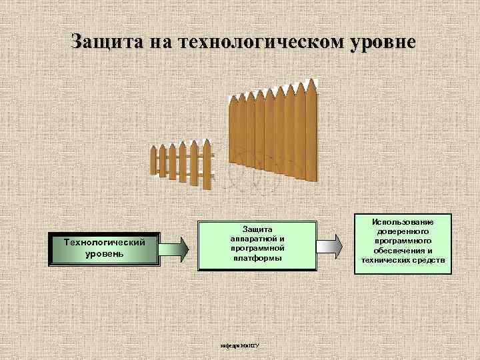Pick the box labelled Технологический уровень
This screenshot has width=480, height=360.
click(x=104, y=248)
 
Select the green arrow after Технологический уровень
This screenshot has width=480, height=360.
click(x=176, y=248)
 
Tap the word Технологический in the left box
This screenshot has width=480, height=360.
click(x=104, y=242)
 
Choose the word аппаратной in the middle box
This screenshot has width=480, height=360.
click(x=257, y=238)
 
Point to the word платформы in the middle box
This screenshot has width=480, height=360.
click(x=257, y=257)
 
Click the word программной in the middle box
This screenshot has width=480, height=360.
click(x=257, y=247)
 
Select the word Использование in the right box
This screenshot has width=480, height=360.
click(x=404, y=221)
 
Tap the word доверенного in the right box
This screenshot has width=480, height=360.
click(x=404, y=231)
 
